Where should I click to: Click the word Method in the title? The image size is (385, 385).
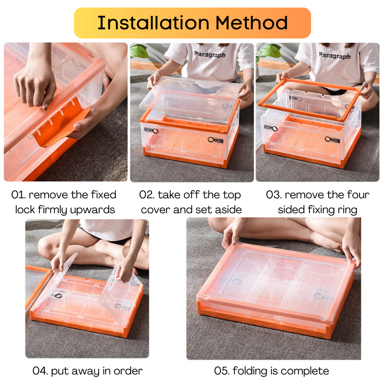(x=251, y=23)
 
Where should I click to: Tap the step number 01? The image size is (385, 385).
(x=18, y=195)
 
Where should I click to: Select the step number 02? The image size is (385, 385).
(x=147, y=195)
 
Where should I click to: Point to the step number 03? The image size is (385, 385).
(x=273, y=195)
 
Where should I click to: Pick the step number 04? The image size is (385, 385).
(x=40, y=371)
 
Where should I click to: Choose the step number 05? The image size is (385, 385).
(x=222, y=371)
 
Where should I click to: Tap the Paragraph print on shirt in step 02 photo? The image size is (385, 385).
(x=210, y=54)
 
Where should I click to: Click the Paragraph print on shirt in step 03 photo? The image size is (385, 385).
(x=334, y=55)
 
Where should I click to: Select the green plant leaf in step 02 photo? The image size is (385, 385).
(x=139, y=51)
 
